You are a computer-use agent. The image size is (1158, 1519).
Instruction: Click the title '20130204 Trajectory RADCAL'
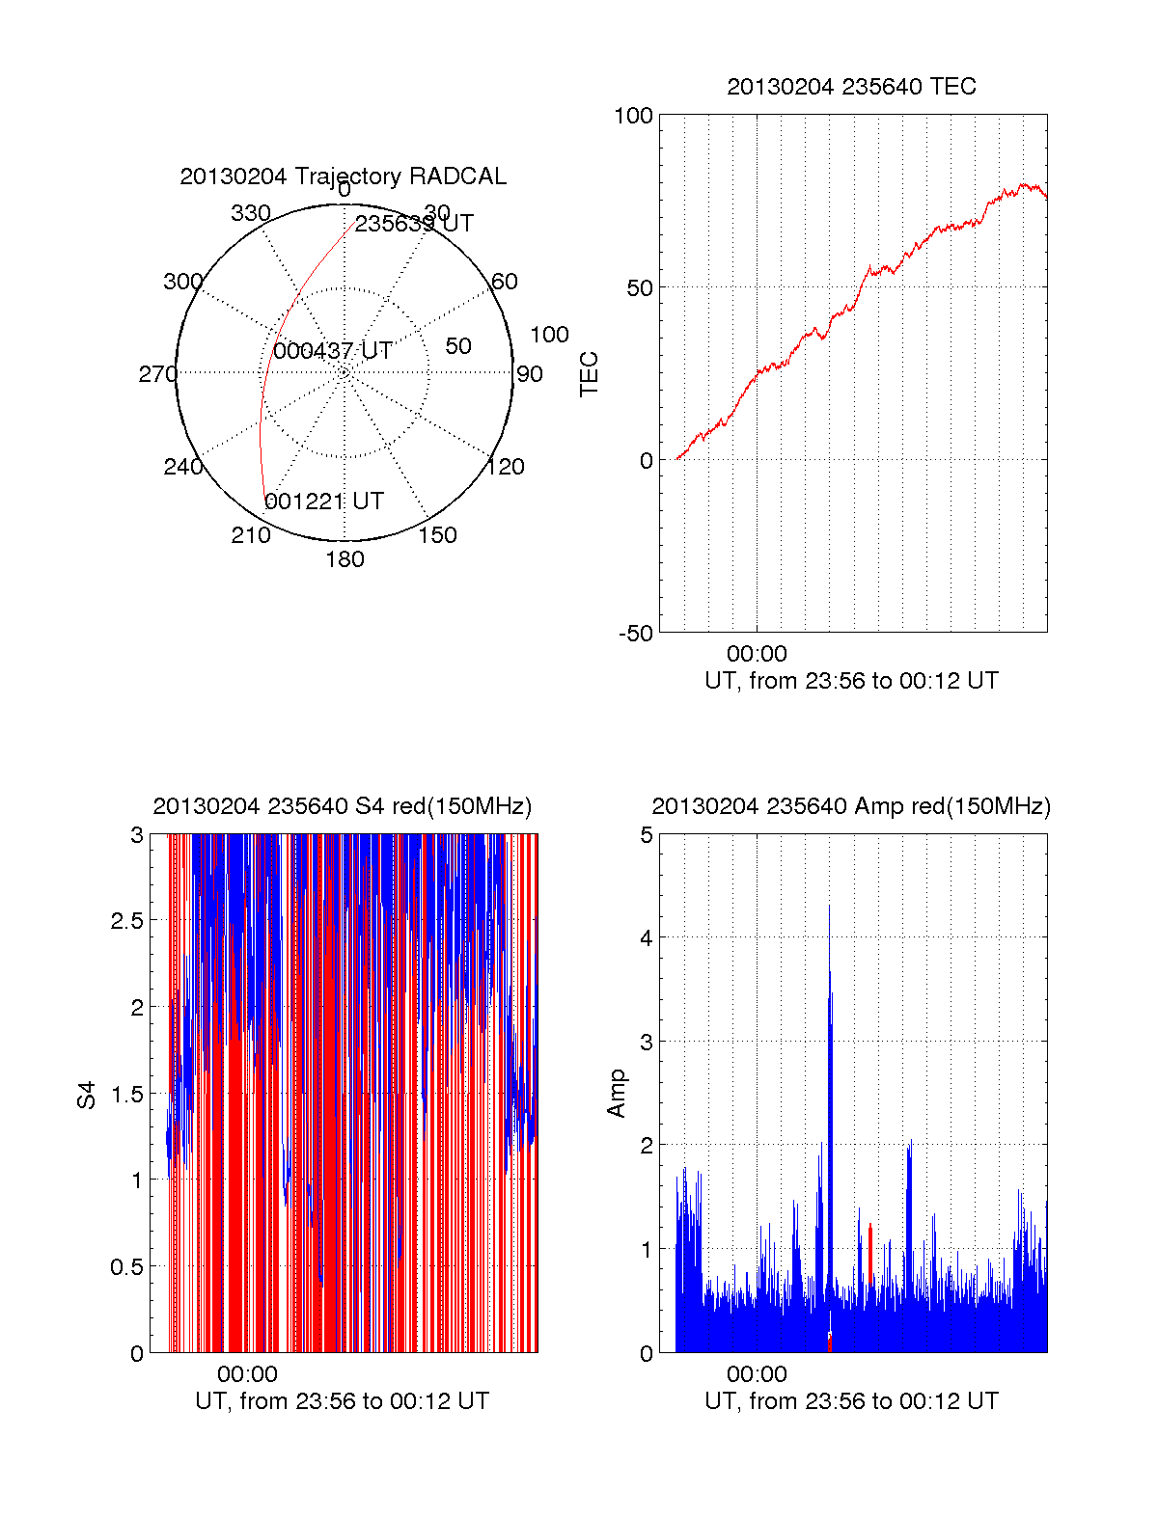pos(343,176)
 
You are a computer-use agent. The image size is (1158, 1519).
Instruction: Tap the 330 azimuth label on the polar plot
pos(251,213)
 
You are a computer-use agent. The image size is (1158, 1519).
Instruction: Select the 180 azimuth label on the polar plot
pos(345,559)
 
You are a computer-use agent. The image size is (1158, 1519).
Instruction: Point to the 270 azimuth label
pos(157,374)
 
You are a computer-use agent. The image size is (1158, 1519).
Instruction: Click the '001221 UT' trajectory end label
pos(324,502)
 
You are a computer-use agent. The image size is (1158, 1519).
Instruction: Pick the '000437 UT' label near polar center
pos(333,351)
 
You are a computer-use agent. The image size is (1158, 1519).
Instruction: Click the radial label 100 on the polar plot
pos(549,335)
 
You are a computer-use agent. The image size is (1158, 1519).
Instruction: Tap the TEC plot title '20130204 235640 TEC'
pos(851,87)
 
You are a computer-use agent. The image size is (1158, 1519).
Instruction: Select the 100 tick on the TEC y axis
pos(634,116)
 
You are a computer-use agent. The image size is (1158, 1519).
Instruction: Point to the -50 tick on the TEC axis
pos(636,634)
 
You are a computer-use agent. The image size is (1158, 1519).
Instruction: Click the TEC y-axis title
pos(589,374)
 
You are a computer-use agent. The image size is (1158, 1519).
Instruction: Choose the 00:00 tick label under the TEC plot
pos(757,655)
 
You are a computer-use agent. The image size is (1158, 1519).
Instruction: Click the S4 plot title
pos(343,806)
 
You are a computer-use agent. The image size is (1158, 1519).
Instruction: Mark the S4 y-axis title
pos(87,1095)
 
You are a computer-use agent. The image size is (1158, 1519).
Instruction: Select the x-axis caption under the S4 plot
pos(343,1401)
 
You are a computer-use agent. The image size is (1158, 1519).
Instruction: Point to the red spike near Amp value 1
pos(869,1254)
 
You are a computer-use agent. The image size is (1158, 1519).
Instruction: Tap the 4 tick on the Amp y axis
pos(647,938)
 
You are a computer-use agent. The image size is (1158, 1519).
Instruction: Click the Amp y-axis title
pos(616,1094)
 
